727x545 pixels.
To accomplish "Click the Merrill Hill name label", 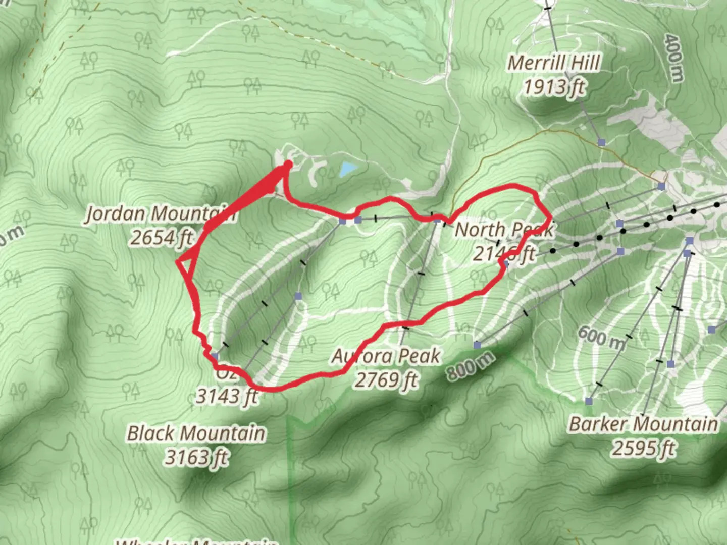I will click(554, 63).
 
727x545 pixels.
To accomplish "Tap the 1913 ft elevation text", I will click(554, 87).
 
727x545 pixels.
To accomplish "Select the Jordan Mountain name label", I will click(160, 213).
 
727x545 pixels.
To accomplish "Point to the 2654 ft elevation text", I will click(162, 237).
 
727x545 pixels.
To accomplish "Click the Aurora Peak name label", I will click(386, 356).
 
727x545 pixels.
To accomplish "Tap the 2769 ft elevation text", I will click(387, 379).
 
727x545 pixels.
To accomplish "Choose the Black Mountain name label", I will click(196, 433).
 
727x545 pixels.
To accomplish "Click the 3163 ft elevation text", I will click(196, 457).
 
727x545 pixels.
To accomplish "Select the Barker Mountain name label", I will click(643, 424).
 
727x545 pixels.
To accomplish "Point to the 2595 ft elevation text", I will click(643, 448).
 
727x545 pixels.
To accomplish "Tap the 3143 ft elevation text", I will click(227, 396).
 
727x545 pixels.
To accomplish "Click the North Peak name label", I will click(504, 230).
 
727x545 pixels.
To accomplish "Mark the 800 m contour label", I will click(470, 365).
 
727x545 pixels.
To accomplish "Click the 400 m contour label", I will click(674, 58).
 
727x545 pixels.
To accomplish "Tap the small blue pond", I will click(348, 169).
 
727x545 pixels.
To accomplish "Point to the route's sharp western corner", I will click(177, 261).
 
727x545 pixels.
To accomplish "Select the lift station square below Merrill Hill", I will click(601, 143).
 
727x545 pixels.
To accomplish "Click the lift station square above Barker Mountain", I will click(589, 401).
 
